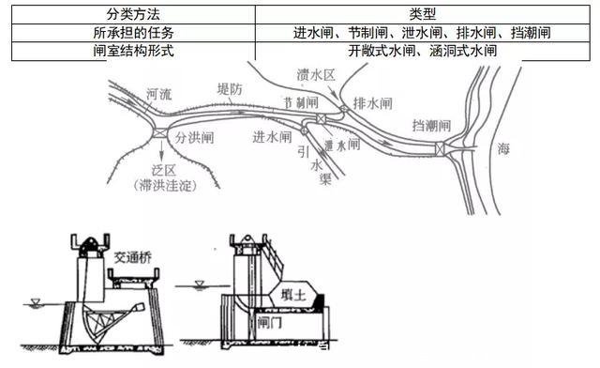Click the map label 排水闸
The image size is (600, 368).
click(369, 101)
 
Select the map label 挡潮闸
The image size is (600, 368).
click(432, 126)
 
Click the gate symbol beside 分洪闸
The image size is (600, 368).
click(159, 135)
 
